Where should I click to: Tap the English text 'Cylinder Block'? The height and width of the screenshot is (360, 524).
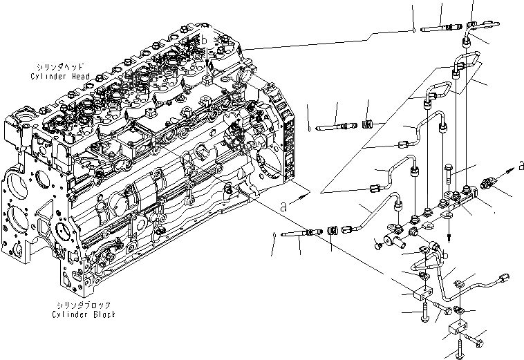pyautogui.click(x=84, y=314)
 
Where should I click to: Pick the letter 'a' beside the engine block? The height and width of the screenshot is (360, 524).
pyautogui.click(x=285, y=205)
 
